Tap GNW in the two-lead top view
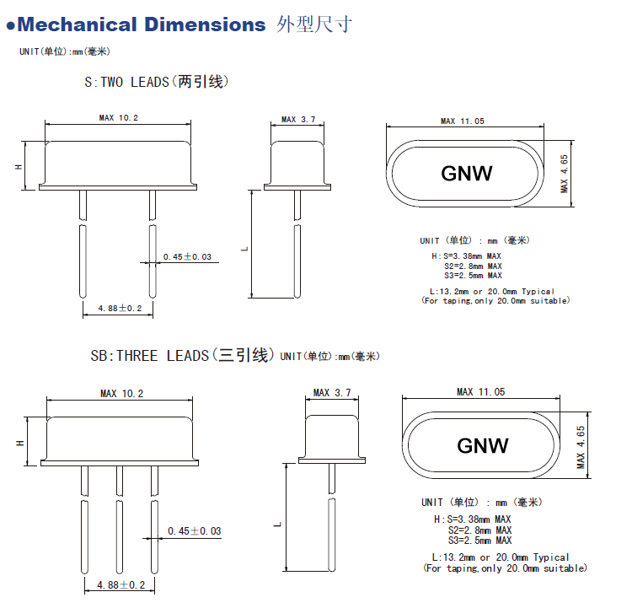(467, 175)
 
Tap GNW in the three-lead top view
(483, 444)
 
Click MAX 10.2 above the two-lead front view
(118, 117)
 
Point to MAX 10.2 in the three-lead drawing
(122, 393)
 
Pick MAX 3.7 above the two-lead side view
(298, 120)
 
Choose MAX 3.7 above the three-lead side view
(331, 392)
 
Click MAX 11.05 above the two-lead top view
(463, 121)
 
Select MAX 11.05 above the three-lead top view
(480, 391)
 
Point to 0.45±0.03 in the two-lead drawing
(187, 256)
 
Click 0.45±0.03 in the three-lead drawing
(195, 530)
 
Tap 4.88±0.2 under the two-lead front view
(120, 309)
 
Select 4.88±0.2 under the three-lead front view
(121, 584)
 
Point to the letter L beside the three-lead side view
(277, 524)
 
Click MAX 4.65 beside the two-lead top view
(565, 174)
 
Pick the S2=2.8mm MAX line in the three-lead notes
(479, 530)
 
